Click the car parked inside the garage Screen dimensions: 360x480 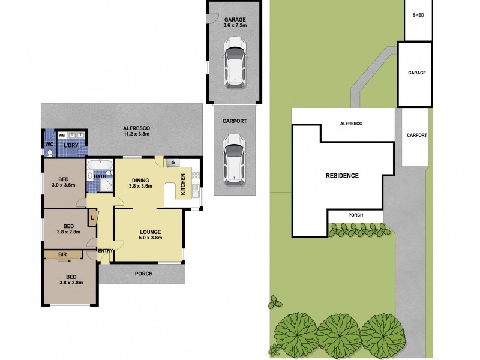[x=235, y=62]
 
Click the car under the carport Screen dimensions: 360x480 [x=235, y=158]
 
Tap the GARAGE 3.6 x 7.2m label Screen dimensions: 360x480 [x=235, y=23]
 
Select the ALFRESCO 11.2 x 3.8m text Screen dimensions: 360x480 [x=136, y=131]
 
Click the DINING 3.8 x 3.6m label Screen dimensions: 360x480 [x=140, y=183]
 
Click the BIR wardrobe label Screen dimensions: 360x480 [x=62, y=256]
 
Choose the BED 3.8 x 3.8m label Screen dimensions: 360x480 [x=71, y=279]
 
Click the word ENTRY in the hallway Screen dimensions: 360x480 [x=106, y=251]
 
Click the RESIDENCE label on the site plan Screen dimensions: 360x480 [x=342, y=176]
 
